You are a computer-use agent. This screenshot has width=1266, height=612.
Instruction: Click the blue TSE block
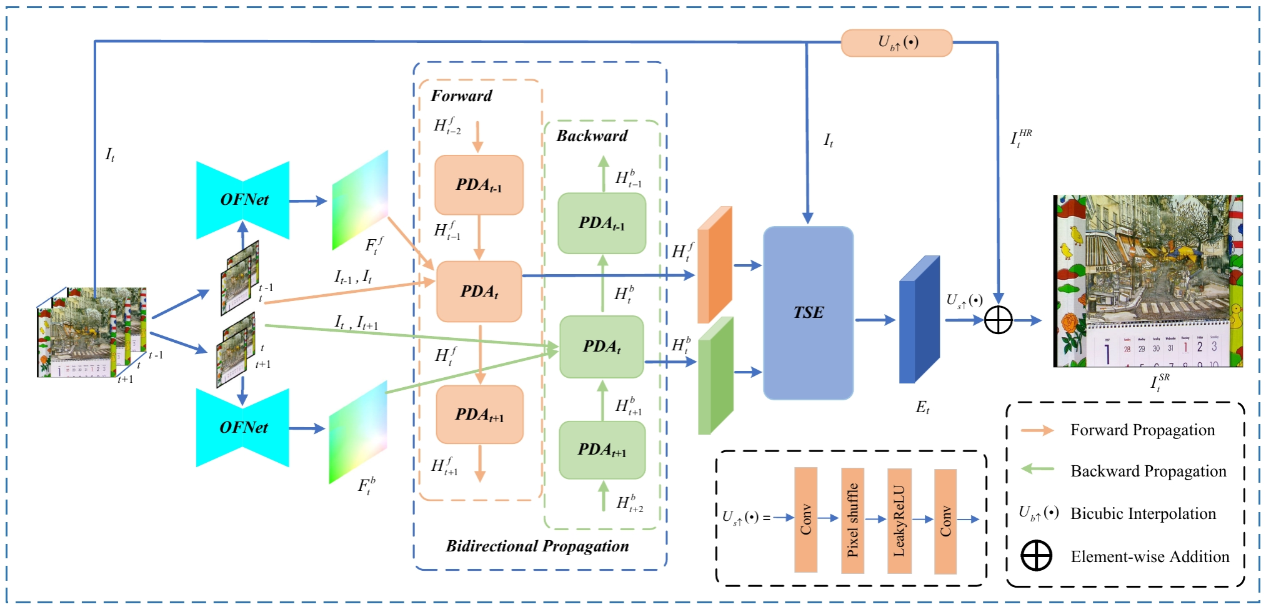[808, 313]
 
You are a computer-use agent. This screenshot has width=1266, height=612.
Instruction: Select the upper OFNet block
[243, 200]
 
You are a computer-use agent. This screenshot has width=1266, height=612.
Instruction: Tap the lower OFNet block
[243, 428]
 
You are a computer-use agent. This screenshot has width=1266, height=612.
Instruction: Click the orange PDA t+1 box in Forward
[479, 415]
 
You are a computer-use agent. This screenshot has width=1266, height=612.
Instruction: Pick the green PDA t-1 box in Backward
[601, 223]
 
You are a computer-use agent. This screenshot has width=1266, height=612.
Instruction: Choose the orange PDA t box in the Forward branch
[479, 292]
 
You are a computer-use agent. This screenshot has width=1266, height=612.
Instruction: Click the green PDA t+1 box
[602, 450]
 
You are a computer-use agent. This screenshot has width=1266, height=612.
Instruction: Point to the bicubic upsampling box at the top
[897, 43]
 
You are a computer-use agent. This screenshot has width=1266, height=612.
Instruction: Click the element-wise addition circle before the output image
[998, 320]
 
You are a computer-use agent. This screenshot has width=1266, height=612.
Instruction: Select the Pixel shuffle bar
[852, 520]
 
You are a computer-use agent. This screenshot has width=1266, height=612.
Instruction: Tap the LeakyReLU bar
[899, 520]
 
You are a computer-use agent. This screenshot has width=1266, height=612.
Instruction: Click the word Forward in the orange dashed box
[461, 96]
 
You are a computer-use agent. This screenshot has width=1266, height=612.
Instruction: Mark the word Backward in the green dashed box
[592, 136]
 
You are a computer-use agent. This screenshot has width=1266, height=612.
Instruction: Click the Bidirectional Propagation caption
[537, 546]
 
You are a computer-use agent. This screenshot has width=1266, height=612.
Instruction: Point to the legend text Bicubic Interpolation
[1143, 514]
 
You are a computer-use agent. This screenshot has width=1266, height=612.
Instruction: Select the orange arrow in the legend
[1037, 430]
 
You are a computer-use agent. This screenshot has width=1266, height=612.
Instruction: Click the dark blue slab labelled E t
[919, 320]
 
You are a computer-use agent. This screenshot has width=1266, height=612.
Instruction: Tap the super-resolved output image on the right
[1148, 281]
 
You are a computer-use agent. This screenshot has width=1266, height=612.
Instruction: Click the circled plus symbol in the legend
[1036, 556]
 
